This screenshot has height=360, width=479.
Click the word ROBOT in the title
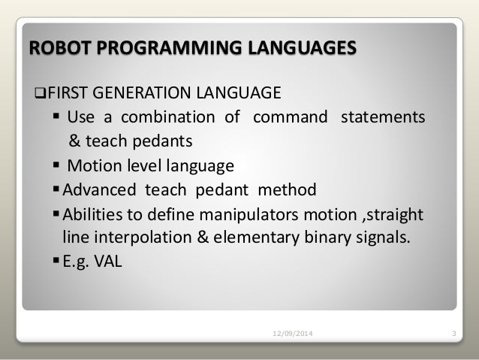coord(53,50)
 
